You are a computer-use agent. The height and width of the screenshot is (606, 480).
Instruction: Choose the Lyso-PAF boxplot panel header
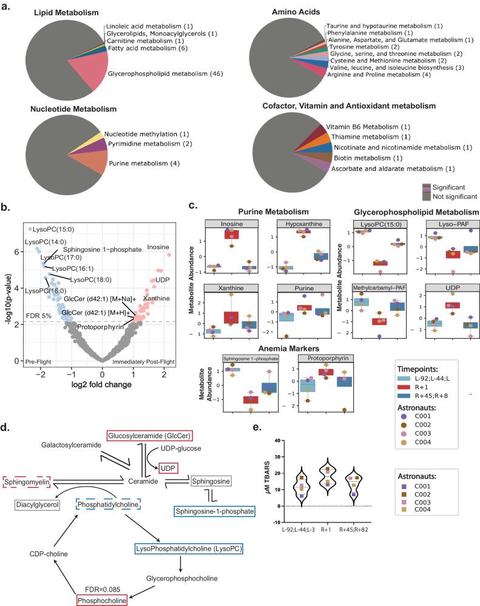click(435, 224)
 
